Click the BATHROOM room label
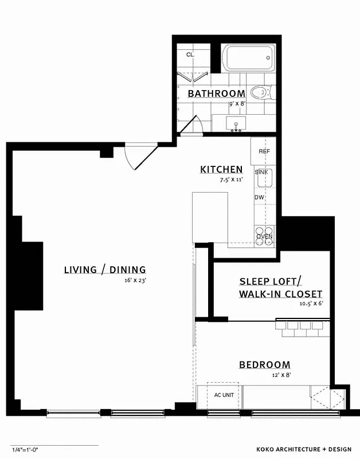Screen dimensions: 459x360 tap(216, 94)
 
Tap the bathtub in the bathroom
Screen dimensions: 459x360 tap(249, 59)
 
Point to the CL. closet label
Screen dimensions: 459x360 tap(190, 55)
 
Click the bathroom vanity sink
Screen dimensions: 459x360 tap(236, 123)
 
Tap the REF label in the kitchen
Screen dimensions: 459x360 tap(264, 151)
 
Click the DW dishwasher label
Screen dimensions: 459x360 tap(260, 197)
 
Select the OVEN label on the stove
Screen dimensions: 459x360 tap(264, 236)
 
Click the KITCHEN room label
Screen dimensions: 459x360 tap(221, 169)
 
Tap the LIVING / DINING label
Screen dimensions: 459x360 tap(105, 270)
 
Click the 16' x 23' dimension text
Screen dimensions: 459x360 tap(135, 281)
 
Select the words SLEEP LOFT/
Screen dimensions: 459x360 tap(269, 281)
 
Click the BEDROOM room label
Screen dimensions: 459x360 tap(264, 365)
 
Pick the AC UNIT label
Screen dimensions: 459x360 tap(224, 395)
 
